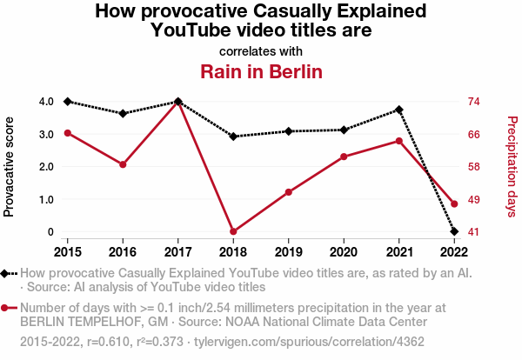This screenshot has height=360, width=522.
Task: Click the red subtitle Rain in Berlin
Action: pos(261,70)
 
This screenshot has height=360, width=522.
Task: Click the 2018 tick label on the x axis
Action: pos(233,252)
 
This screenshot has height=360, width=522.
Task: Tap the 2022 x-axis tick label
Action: pos(454,252)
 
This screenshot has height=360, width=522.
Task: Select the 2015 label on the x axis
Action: pos(67,252)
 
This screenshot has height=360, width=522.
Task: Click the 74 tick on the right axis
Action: pos(475,102)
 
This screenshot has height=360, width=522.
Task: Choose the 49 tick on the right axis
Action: pos(475,199)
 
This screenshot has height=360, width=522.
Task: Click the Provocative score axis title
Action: pos(10,166)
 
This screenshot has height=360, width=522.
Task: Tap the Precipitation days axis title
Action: pos(512,166)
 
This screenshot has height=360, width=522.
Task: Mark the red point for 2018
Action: pos(233,231)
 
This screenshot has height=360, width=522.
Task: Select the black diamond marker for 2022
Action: pos(454,231)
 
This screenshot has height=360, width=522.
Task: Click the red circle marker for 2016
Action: pos(123,164)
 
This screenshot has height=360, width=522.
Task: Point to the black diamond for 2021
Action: pos(399,110)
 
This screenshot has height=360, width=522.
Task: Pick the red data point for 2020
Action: pos(344,157)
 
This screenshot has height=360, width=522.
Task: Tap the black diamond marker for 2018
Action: pos(233,137)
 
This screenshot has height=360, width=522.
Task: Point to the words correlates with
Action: pos(261,51)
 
